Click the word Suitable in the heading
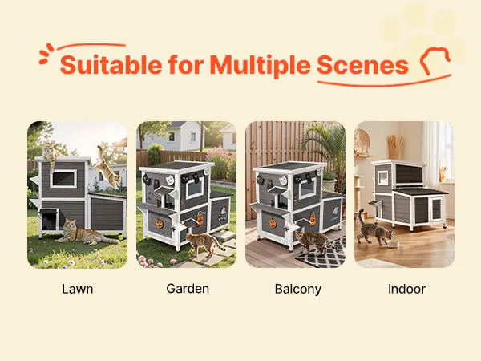(111, 65)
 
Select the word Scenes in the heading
(362, 65)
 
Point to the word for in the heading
(186, 64)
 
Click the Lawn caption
(77, 289)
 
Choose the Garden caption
(188, 289)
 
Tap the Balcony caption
(298, 290)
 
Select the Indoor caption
(406, 289)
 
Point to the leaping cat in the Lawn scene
(107, 167)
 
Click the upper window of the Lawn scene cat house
(63, 178)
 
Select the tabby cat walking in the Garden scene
(204, 243)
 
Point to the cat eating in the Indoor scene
(374, 228)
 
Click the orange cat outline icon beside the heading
(435, 60)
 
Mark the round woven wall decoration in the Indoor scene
(362, 140)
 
